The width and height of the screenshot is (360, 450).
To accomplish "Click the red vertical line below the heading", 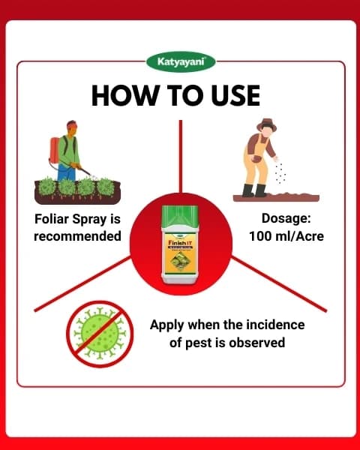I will point(180,150).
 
